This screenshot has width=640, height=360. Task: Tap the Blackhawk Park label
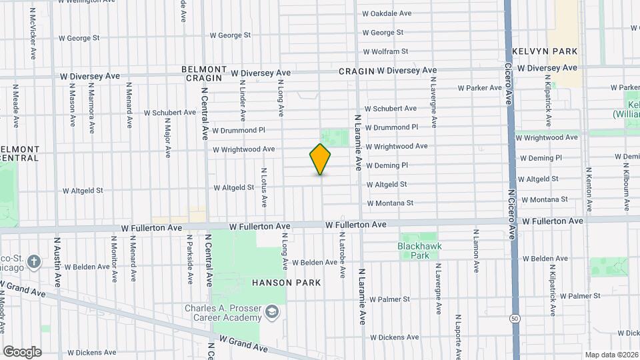tap(419, 251)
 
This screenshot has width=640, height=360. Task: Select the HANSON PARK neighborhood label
tap(286, 283)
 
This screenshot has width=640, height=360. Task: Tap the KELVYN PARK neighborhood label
tap(545, 51)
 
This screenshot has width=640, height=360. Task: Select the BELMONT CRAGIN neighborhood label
tap(203, 73)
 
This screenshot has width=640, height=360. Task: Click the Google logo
tap(21, 352)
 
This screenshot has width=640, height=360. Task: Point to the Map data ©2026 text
tap(611, 355)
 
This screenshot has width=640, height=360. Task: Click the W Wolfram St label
tap(385, 51)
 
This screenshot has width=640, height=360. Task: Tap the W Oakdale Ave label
tap(387, 13)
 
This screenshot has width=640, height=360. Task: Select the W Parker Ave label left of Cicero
tap(479, 88)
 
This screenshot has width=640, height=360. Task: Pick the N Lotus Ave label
tap(264, 187)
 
